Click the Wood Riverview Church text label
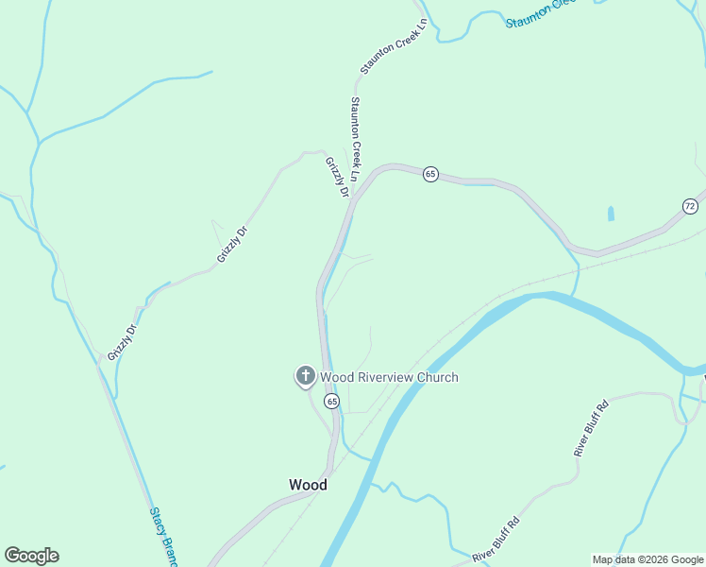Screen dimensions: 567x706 (x=389, y=377)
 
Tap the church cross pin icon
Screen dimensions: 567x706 (x=305, y=376)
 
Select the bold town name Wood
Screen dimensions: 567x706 (x=308, y=485)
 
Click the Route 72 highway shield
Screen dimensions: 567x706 (x=690, y=206)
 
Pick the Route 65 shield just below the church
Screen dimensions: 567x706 (x=331, y=402)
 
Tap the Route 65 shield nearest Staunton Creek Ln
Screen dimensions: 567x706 (x=430, y=174)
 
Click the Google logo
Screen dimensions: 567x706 (x=31, y=556)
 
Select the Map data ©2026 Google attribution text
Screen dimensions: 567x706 (x=647, y=559)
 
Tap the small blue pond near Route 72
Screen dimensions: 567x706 (x=611, y=214)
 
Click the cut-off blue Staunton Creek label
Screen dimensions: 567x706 (x=540, y=13)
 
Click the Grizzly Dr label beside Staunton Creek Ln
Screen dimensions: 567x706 (x=337, y=177)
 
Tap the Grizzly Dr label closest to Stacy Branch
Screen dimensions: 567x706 (x=122, y=342)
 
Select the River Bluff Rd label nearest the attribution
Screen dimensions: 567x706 (x=496, y=539)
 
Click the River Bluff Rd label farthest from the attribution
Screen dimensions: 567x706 (x=592, y=429)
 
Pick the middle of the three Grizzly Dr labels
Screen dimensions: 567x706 (x=231, y=244)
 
